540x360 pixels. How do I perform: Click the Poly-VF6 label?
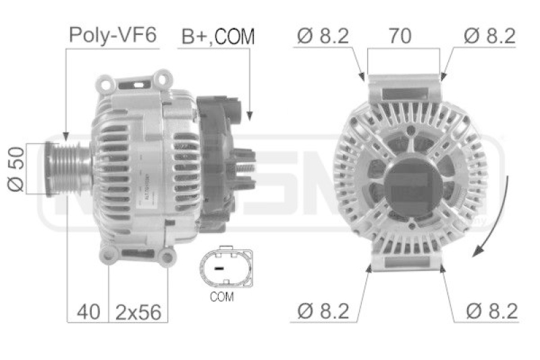tap(113, 36)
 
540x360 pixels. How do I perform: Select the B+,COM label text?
tap(217, 36)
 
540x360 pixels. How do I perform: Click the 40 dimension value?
tap(88, 311)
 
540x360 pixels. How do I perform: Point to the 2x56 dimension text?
tap(139, 311)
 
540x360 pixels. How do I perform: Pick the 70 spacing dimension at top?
tap(400, 36)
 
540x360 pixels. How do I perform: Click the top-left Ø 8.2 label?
tap(323, 36)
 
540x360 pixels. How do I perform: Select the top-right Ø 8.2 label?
tap(489, 36)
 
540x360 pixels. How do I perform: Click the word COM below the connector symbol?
tap(221, 297)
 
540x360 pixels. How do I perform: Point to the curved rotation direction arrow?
tap(491, 233)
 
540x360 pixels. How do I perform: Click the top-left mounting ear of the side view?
tap(105, 85)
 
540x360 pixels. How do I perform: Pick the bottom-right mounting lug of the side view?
tap(166, 256)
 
